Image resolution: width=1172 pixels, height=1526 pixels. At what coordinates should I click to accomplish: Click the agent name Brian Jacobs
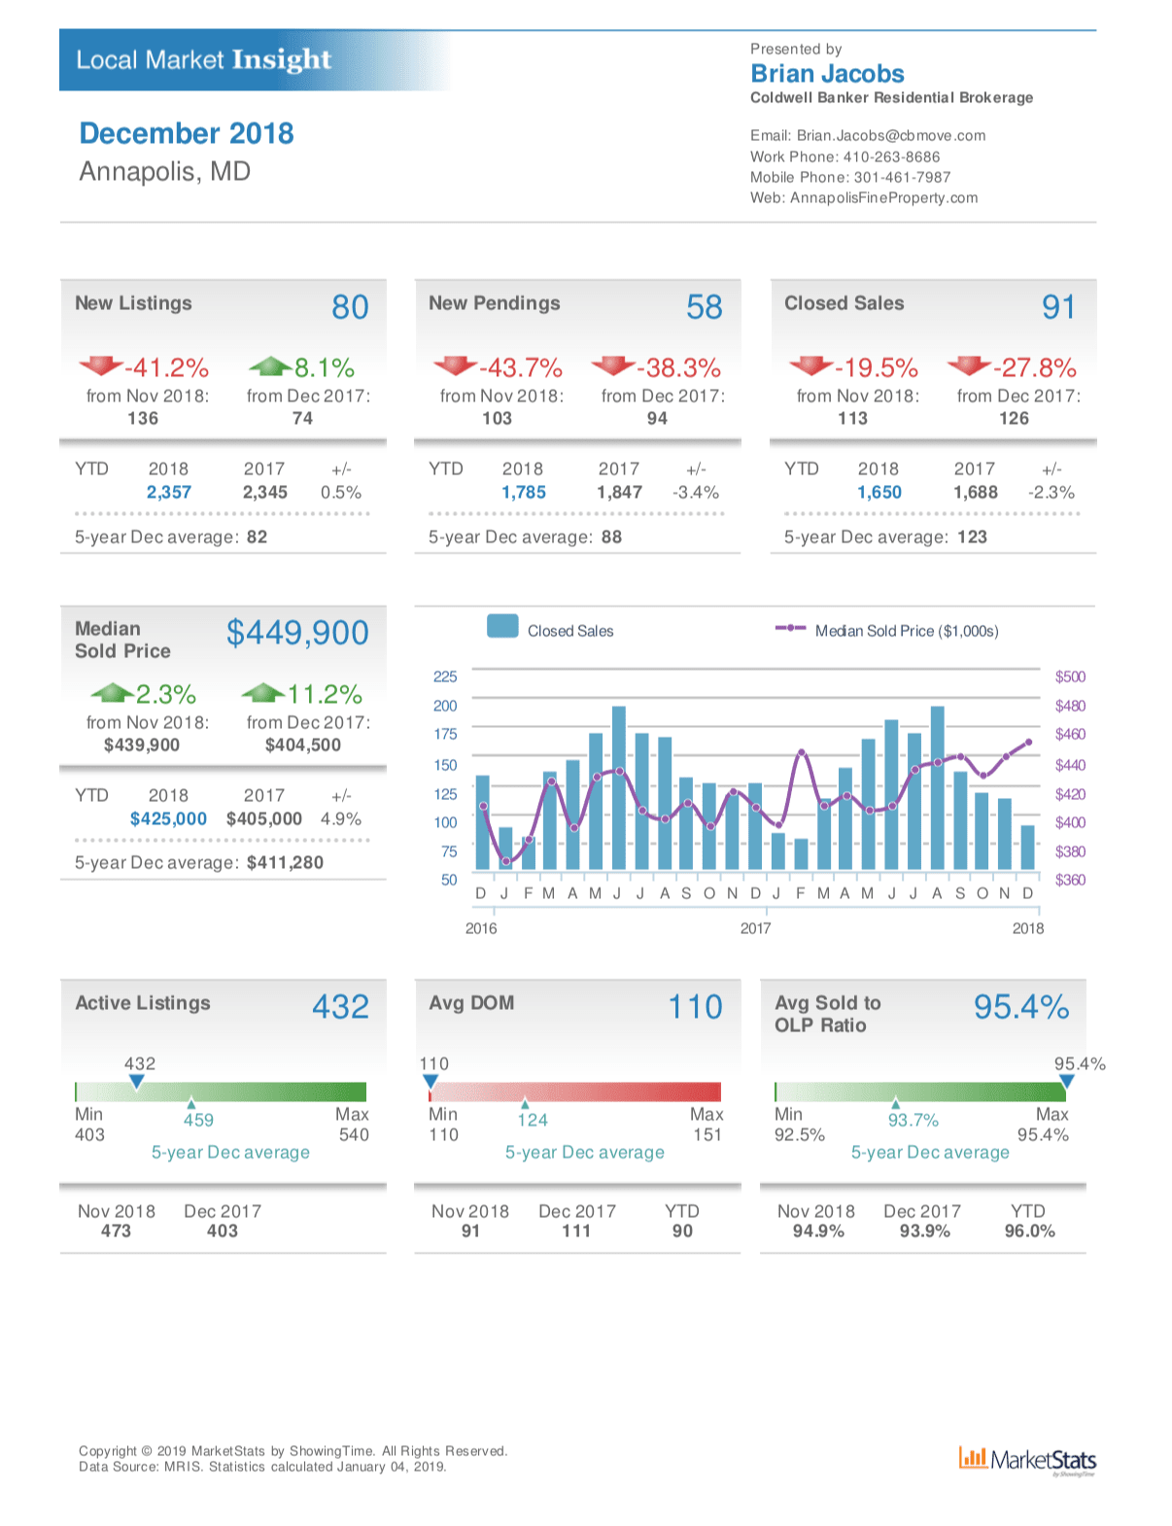point(827,74)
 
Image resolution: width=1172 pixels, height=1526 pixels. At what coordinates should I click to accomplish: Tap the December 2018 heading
point(187,133)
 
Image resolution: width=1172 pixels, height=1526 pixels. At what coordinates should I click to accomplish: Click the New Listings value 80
point(350,307)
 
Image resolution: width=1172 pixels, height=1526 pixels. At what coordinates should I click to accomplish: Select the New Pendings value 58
point(704,307)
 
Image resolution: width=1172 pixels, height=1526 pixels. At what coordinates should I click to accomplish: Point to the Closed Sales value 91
point(1058,307)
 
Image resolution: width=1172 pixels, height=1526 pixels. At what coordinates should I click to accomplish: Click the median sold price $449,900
point(297,633)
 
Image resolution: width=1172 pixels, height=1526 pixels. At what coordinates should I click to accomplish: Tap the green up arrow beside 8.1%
point(269,366)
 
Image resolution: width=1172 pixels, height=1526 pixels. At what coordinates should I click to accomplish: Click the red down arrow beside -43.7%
point(455,365)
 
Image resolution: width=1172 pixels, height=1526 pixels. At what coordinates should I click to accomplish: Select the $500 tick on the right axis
point(1070,676)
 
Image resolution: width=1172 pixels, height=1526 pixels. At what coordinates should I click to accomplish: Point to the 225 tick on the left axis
point(445,676)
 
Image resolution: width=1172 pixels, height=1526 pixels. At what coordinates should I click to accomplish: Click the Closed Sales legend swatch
point(502,627)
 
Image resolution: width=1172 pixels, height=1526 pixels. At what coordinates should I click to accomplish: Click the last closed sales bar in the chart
point(1028,848)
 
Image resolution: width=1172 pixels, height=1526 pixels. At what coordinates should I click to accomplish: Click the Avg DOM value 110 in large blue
point(695,1007)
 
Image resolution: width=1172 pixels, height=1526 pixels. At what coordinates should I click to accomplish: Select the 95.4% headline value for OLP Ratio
point(1021,1007)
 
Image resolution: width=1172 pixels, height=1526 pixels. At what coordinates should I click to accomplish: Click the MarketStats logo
point(1027,1460)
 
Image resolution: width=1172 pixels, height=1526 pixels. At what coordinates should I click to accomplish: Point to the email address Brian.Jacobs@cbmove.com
point(890,136)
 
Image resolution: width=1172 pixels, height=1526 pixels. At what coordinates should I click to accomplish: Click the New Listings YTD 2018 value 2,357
point(169,493)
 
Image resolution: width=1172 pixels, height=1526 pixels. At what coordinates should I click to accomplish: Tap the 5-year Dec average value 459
point(198,1120)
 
